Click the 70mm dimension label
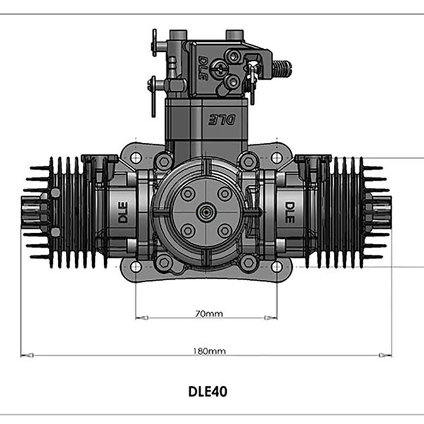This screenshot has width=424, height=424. click(x=209, y=313)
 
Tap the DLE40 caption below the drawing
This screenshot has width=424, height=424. click(x=207, y=391)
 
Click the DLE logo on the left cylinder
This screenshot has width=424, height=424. click(x=122, y=212)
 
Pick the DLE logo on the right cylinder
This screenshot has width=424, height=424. click(x=290, y=212)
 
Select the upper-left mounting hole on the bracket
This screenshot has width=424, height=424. click(x=135, y=158)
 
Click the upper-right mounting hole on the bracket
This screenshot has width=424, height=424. click(x=277, y=158)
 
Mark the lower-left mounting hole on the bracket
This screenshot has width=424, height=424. click(x=135, y=266)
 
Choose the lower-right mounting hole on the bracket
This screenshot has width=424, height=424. click(x=277, y=266)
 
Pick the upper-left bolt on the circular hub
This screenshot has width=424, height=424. click(x=188, y=194)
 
